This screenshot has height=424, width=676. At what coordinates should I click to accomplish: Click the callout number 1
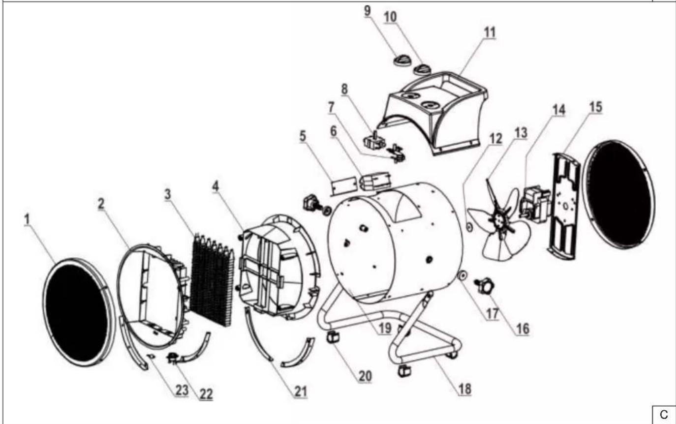pos(27,219)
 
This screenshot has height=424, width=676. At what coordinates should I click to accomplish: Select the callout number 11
pos(490,32)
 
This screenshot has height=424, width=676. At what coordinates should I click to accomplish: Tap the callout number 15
pos(595,107)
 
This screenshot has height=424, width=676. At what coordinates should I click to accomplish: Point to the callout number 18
pos(465,389)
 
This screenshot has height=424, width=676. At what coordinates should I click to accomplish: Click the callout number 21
pos(300,392)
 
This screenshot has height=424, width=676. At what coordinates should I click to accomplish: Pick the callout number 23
pos(182,390)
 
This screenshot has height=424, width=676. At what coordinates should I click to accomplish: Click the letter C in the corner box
pos(664,415)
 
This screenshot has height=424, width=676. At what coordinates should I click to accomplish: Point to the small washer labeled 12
pos(469,227)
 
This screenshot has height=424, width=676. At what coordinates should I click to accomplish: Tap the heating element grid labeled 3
pos(212,280)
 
